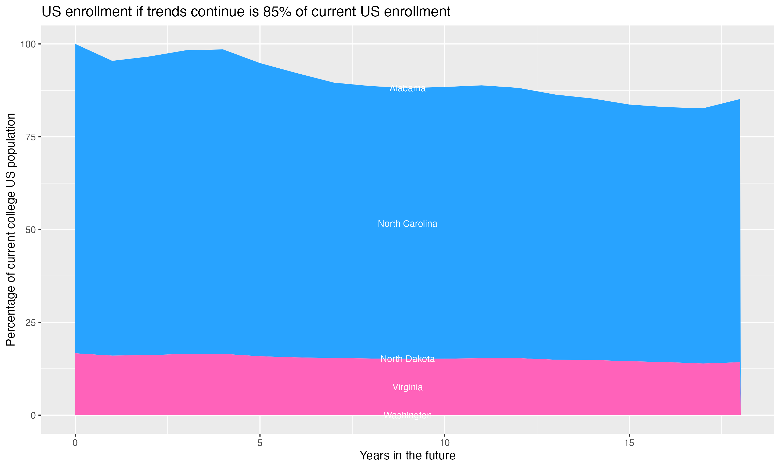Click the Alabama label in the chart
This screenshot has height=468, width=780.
pos(407,88)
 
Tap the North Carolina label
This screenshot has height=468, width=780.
pos(407,224)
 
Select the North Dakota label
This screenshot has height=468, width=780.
pos(407,359)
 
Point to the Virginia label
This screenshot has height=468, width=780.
pos(407,387)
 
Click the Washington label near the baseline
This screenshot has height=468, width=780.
pos(407,415)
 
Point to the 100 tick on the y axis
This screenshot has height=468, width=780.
pos(28,44)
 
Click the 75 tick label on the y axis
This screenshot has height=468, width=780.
pos(30,137)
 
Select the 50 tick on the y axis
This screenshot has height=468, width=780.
pos(30,230)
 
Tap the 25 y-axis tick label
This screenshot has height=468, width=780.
pos(30,323)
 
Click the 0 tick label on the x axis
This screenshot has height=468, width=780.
pos(75,443)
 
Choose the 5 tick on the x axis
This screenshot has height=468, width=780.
pos(260,443)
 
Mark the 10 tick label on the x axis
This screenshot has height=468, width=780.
pos(444,443)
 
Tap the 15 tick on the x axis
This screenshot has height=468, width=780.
pos(629,443)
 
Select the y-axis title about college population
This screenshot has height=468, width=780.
pos(11,230)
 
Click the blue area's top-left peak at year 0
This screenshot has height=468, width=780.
pos(76,44)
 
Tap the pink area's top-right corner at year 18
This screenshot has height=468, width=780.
pos(740,362)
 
